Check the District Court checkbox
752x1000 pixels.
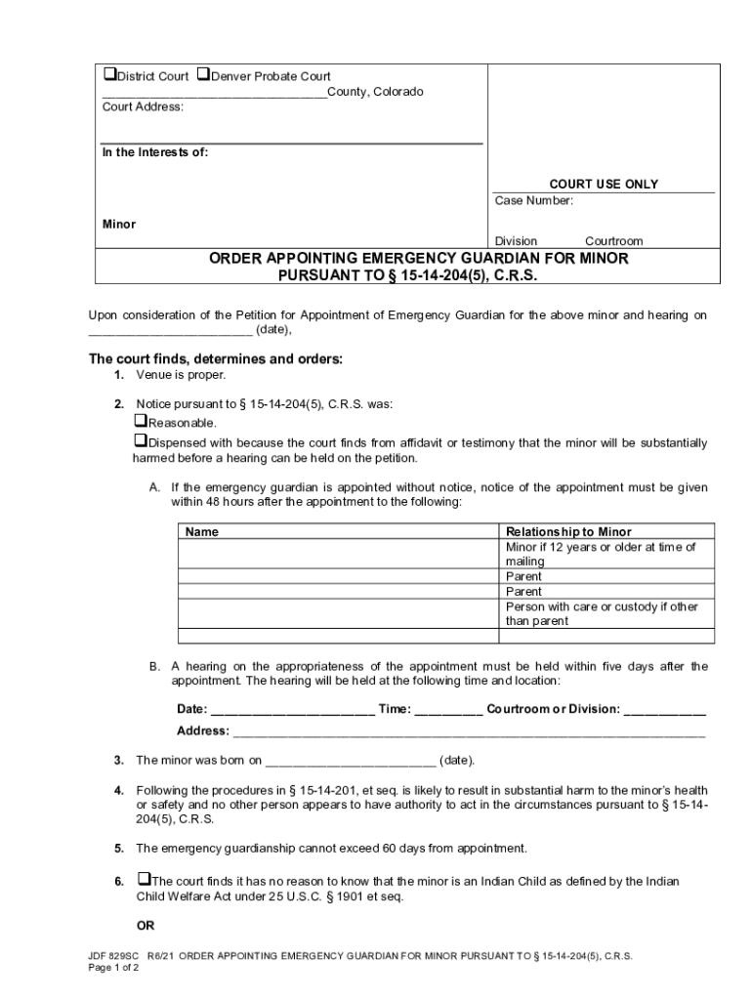[109, 75]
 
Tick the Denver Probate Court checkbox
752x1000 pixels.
[203, 75]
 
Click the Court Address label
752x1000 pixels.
[143, 107]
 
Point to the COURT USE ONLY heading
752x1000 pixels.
[603, 184]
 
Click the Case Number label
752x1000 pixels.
[533, 201]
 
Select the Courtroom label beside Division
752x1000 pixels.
[613, 241]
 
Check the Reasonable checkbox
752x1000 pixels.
[139, 422]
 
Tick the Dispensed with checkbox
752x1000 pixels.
[139, 441]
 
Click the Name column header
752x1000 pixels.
[202, 532]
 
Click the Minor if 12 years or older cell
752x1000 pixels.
[600, 554]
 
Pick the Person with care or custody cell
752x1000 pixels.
[600, 613]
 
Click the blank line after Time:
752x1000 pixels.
[448, 710]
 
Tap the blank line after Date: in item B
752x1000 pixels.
[293, 710]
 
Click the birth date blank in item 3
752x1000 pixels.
[351, 761]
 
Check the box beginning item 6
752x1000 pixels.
[144, 880]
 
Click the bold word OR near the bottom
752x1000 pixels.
[145, 925]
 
